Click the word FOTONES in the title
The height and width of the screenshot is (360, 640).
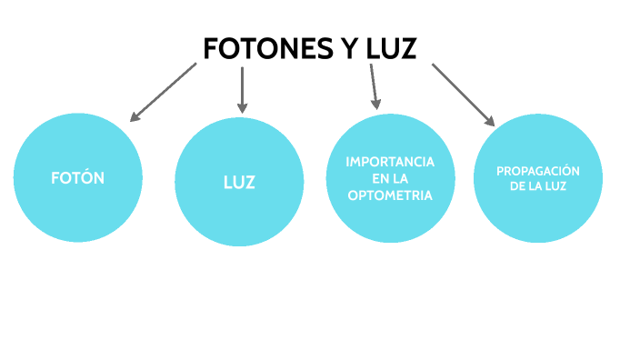(x=257, y=48)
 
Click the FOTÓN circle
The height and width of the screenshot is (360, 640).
(x=78, y=178)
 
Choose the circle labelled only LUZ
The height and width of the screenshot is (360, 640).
(x=239, y=182)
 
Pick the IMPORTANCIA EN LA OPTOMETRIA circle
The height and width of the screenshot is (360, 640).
(x=390, y=179)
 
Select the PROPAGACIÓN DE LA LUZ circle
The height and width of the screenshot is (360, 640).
(x=539, y=179)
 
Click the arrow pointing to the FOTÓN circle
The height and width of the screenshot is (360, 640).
(x=163, y=92)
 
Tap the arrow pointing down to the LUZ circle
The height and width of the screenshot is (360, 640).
(x=242, y=88)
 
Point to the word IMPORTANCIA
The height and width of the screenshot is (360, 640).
(x=390, y=162)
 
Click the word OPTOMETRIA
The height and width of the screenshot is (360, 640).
(x=390, y=195)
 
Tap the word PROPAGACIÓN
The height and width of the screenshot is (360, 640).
(x=537, y=171)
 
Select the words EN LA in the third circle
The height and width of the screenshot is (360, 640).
(x=390, y=179)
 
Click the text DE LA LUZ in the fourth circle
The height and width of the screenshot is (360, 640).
(x=537, y=187)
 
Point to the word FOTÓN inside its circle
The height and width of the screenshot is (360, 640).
(x=77, y=178)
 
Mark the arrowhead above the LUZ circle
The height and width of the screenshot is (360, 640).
(x=242, y=105)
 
